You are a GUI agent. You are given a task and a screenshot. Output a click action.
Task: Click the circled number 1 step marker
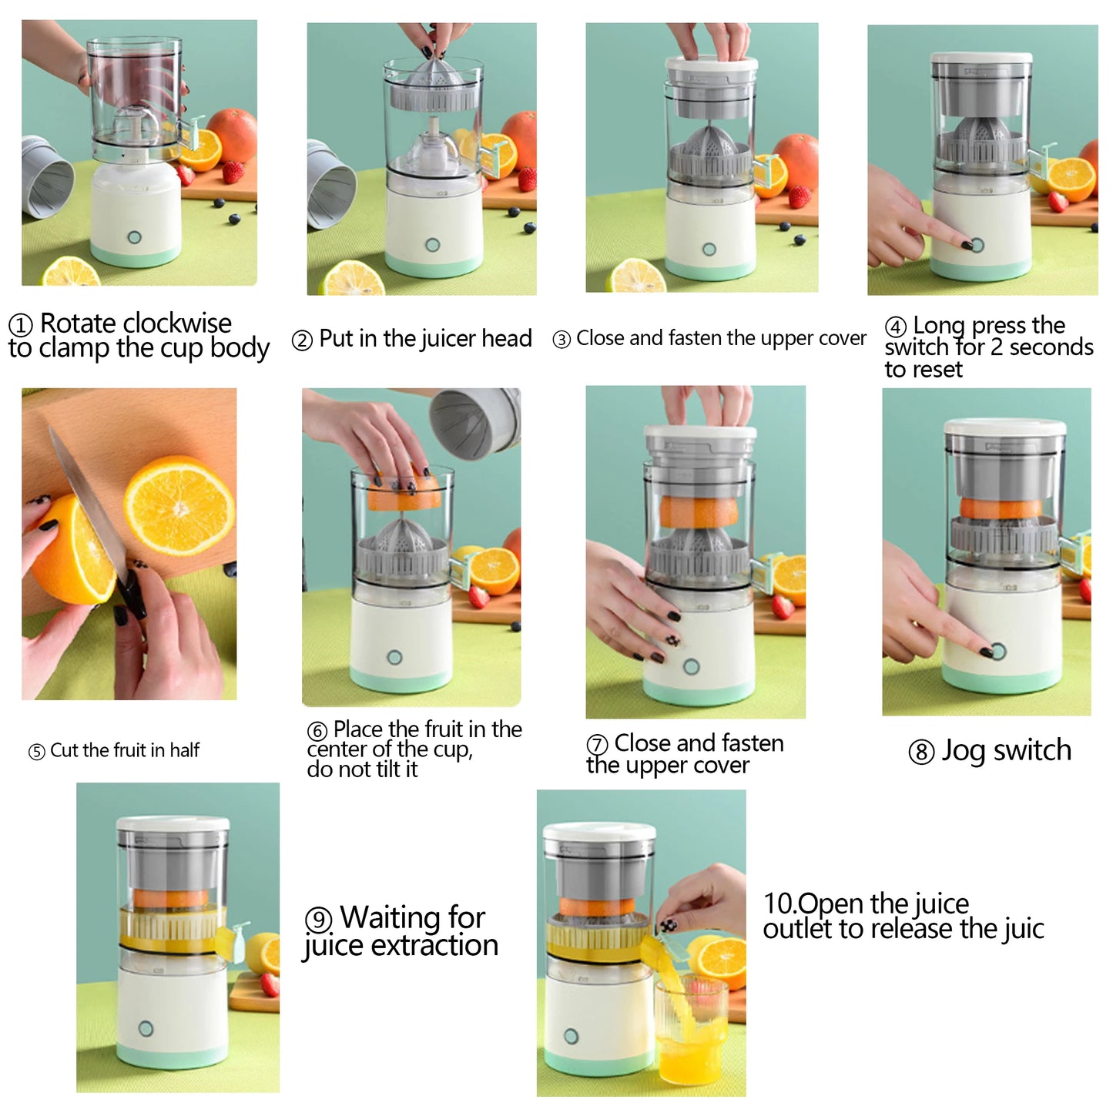(x=21, y=325)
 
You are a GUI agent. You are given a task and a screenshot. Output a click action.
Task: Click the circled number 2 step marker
(x=302, y=340)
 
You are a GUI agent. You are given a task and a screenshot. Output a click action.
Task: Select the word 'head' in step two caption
(x=507, y=338)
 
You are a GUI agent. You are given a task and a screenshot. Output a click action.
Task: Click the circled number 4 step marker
(x=895, y=327)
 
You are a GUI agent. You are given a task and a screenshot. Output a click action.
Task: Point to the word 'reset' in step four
(x=938, y=370)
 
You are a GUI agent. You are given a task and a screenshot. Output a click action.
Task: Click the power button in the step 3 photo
(x=709, y=250)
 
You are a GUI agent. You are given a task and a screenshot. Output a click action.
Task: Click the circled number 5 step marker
(x=36, y=752)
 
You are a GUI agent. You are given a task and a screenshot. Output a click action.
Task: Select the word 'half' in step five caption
(x=185, y=750)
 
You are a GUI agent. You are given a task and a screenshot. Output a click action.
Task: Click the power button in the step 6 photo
(x=394, y=657)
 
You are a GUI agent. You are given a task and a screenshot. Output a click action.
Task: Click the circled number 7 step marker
(x=597, y=745)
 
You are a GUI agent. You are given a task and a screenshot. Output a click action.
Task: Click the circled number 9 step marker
(x=318, y=920)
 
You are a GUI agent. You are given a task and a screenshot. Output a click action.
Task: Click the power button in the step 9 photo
(x=146, y=1028)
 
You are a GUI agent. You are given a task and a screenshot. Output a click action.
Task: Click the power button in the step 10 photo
(x=571, y=1035)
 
